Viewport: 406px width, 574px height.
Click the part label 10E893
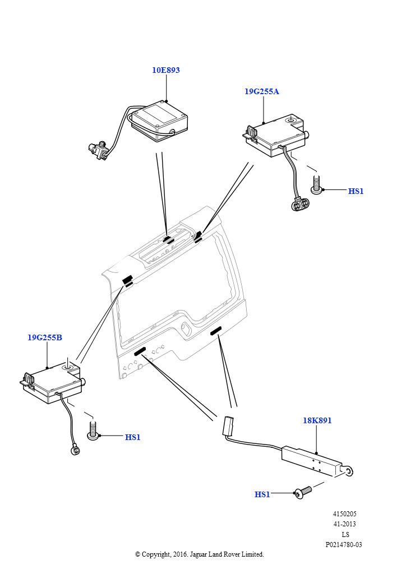pos(166,70)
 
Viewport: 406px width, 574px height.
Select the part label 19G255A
pos(262,91)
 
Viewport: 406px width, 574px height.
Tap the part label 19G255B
pos(45,337)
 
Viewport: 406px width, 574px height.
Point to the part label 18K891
pos(317,420)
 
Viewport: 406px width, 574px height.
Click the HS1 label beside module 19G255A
pos(356,191)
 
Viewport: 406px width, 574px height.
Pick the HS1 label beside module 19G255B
pos(132,437)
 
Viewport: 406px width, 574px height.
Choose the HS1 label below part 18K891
pos(262,494)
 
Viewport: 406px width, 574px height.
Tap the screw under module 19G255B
pos(93,431)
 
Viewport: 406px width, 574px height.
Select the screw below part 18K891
pos(303,493)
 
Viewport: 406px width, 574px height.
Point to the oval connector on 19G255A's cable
pos(300,203)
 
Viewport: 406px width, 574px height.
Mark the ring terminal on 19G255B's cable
pos(76,448)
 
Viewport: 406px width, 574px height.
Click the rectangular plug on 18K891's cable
pos(228,426)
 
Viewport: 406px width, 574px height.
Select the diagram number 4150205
pos(344,514)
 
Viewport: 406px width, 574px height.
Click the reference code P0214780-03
pos(344,545)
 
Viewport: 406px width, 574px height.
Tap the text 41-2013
pos(344,524)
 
